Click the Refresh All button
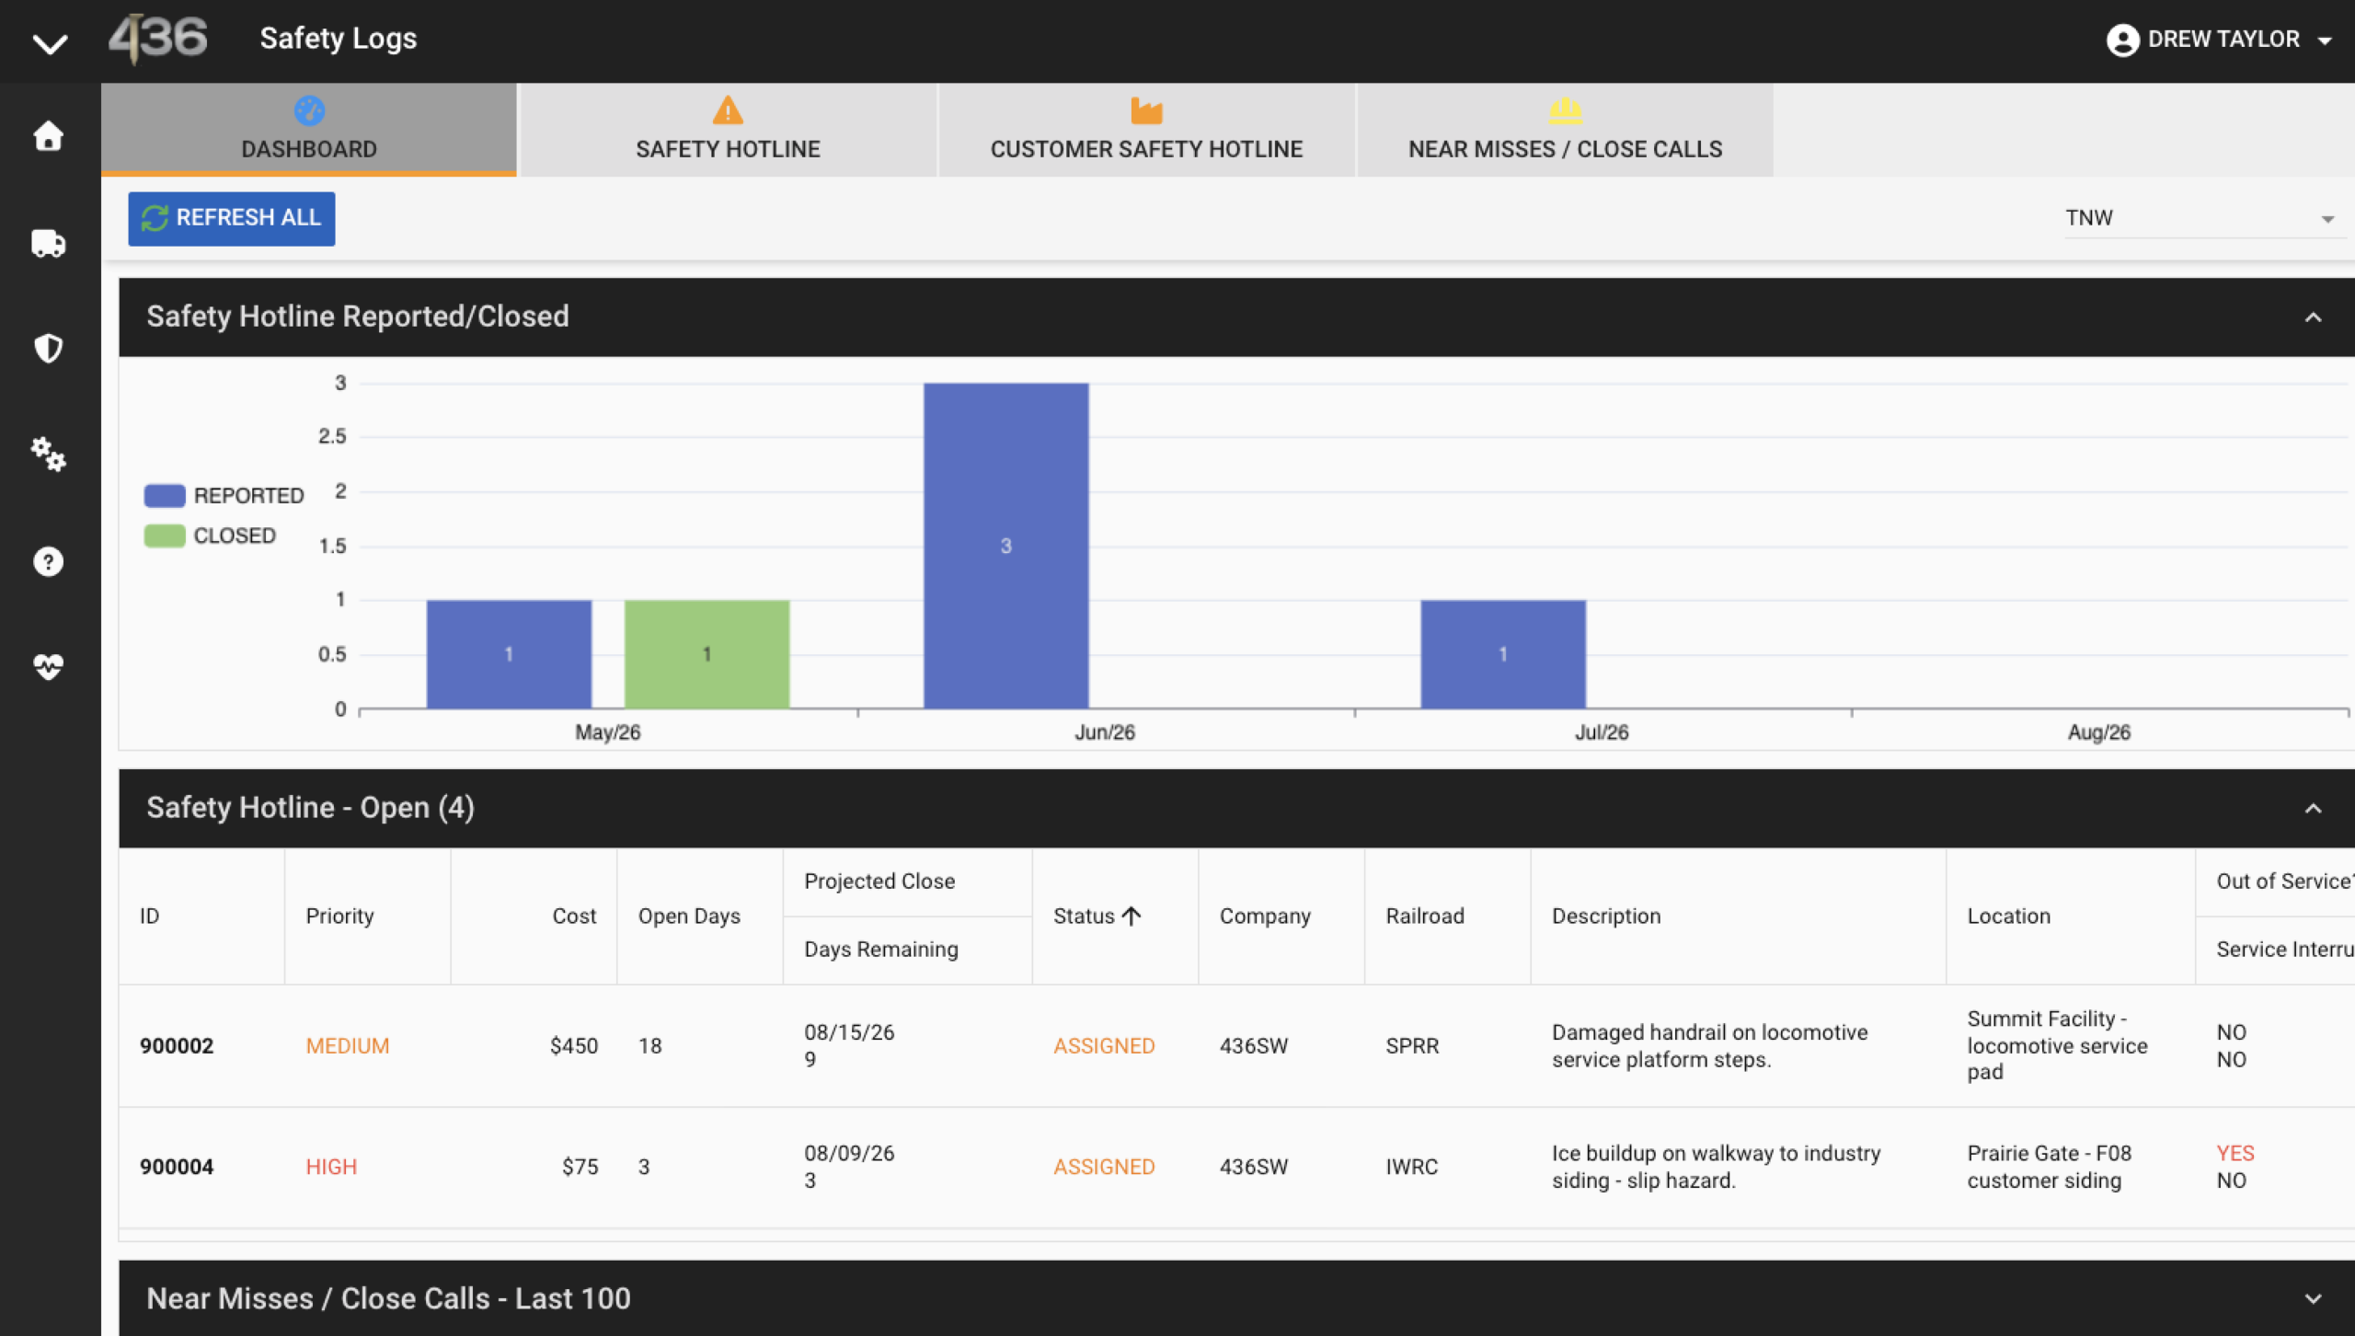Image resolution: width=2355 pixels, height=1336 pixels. tap(231, 218)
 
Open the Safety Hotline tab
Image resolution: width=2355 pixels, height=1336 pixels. tap(728, 130)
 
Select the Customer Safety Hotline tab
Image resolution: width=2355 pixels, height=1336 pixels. tap(1146, 130)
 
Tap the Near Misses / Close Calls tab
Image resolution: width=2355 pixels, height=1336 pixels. tap(1565, 130)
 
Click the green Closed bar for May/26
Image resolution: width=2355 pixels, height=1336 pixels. tap(706, 654)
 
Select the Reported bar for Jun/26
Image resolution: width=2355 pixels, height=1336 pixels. tap(1005, 546)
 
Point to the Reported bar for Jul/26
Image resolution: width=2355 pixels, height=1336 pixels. tap(1503, 654)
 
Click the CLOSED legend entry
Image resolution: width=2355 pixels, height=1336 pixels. tap(211, 536)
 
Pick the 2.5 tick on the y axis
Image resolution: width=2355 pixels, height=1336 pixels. tap(333, 436)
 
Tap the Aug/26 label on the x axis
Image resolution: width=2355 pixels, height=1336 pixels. tap(2099, 732)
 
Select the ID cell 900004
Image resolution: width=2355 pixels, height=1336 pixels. tap(177, 1167)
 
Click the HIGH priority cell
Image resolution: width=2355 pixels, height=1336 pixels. tap(331, 1167)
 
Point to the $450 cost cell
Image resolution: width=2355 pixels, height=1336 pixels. tap(574, 1046)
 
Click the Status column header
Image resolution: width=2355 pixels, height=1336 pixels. tap(1097, 916)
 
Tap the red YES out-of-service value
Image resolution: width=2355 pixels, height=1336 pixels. tap(2235, 1153)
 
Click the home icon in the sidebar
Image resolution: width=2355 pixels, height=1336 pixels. tap(49, 136)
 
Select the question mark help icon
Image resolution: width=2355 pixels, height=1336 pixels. tap(49, 561)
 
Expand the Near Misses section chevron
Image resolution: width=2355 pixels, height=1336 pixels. tap(2313, 1298)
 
